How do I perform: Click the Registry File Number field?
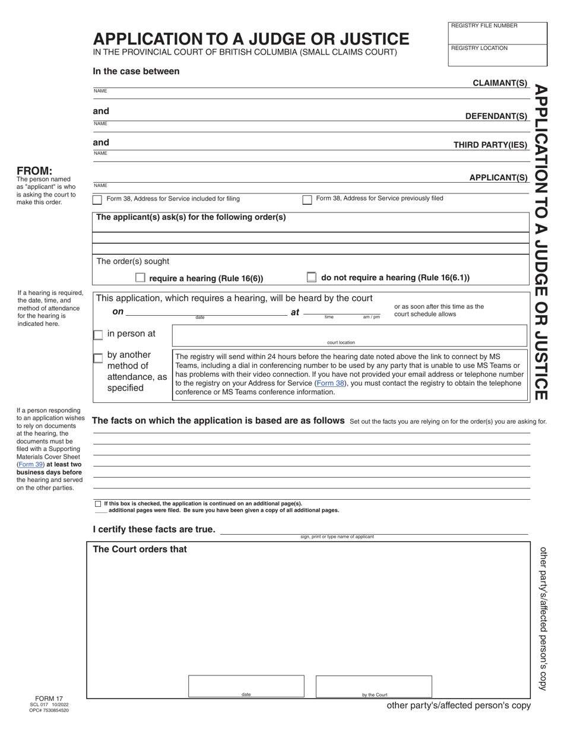click(x=498, y=35)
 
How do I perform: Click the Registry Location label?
click(x=479, y=48)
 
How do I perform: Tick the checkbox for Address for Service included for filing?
click(x=97, y=200)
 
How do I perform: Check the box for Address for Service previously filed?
click(x=307, y=200)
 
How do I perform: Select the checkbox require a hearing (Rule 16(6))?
click(x=140, y=277)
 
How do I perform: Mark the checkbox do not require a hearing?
click(x=312, y=277)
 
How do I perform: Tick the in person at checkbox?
click(x=98, y=335)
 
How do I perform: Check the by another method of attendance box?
click(x=98, y=358)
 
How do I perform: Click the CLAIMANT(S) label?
click(x=500, y=82)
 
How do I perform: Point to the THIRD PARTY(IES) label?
click(x=490, y=145)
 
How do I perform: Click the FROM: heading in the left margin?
click(x=34, y=171)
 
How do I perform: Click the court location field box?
click(x=349, y=335)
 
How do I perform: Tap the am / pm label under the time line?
click(x=371, y=317)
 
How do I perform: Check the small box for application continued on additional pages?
click(x=98, y=503)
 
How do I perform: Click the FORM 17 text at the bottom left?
click(x=49, y=699)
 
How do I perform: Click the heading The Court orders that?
click(x=140, y=550)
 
